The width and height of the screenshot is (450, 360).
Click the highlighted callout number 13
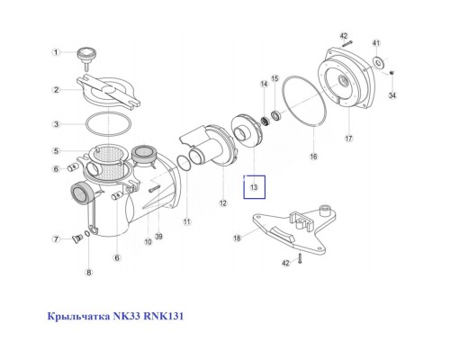tap(255, 187)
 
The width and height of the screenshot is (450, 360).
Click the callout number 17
tap(347, 139)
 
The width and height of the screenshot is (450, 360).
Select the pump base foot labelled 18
tap(288, 228)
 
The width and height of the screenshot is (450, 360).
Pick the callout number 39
tap(158, 238)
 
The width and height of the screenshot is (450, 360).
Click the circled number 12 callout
tap(223, 203)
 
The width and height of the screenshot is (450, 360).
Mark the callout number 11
tap(187, 220)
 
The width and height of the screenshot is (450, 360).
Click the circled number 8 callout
tap(88, 272)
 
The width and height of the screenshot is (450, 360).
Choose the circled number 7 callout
tap(56, 239)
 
